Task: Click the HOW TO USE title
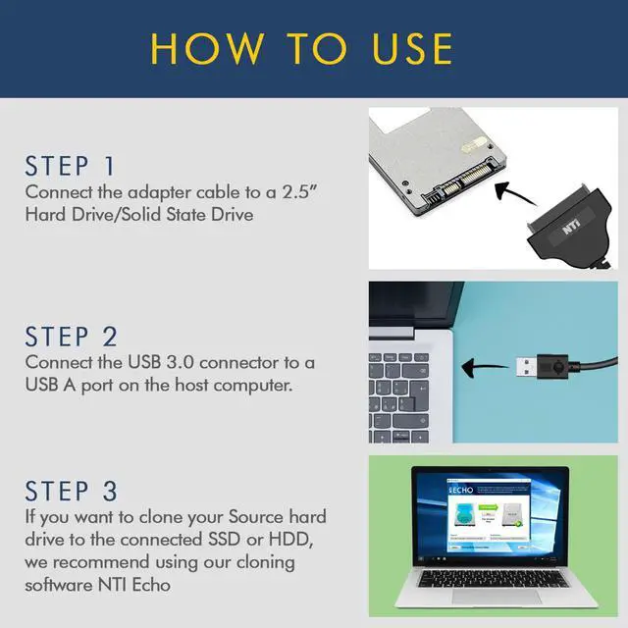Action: click(x=302, y=48)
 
